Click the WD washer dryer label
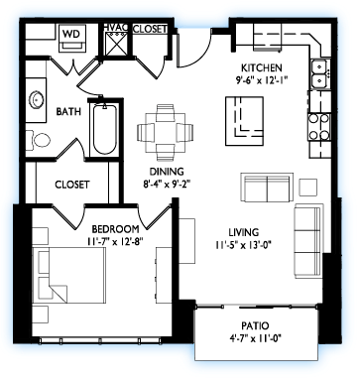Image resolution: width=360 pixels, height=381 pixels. click(71, 34)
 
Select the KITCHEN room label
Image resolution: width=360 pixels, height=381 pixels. click(262, 68)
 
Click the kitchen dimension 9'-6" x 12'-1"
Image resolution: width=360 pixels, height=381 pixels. click(261, 79)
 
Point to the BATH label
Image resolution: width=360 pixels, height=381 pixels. click(68, 111)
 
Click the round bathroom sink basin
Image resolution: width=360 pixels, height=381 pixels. click(36, 100)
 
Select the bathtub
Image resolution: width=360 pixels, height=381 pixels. click(105, 129)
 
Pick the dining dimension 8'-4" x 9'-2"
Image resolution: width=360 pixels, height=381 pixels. click(168, 178)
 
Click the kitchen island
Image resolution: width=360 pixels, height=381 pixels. click(244, 121)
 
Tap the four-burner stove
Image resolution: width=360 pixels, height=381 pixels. click(318, 126)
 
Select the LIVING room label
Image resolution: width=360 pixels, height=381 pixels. click(244, 232)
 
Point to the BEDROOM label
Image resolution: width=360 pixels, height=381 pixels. click(115, 229)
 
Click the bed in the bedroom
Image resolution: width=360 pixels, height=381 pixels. click(69, 275)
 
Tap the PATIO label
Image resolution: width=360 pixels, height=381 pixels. click(255, 326)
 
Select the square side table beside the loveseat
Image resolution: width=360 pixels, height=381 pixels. click(308, 188)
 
